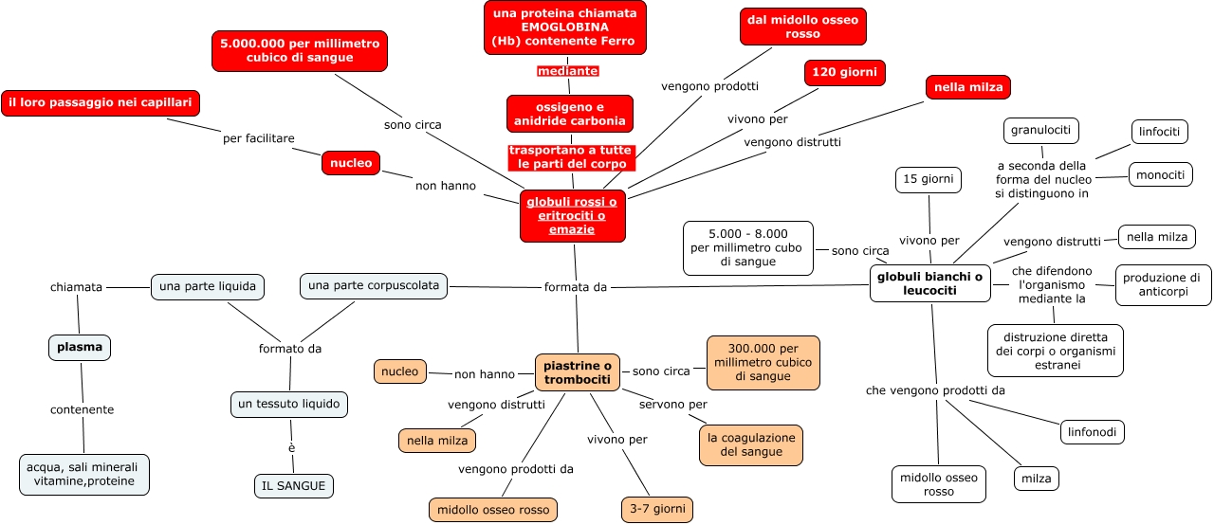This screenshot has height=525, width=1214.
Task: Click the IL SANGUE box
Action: [294, 486]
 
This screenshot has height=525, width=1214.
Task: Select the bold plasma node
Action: [80, 348]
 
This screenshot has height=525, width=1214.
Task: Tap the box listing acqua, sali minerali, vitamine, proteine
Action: [84, 474]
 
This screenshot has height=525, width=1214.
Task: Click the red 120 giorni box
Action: [844, 73]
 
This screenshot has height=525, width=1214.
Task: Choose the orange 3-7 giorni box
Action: [656, 510]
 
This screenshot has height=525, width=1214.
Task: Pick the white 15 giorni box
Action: [929, 180]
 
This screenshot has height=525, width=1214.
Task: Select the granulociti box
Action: [1041, 130]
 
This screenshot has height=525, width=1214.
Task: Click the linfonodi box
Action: [1093, 432]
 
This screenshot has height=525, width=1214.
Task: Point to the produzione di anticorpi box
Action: [1163, 285]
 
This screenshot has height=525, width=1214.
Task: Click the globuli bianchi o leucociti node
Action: [929, 283]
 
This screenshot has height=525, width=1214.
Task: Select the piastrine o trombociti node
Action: [578, 372]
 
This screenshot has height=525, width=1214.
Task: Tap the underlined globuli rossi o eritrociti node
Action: [573, 215]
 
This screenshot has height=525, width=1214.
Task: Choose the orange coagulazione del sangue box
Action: [751, 445]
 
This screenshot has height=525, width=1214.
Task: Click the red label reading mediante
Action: [567, 71]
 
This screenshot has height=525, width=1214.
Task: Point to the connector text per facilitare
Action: [258, 138]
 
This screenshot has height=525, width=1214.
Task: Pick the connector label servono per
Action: [672, 405]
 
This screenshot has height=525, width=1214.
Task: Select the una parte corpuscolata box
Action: [374, 285]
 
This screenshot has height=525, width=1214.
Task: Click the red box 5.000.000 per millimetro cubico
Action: [300, 51]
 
